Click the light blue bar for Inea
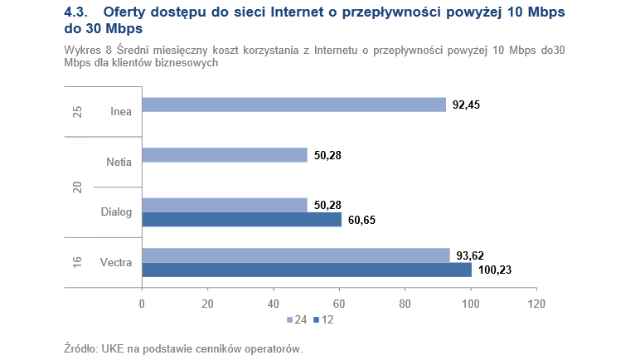click(294, 105)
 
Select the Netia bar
click(225, 155)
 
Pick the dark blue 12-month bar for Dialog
click(241, 220)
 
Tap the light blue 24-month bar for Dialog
click(225, 205)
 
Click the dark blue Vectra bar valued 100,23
click(307, 270)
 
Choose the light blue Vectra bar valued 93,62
click(296, 255)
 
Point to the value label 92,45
click(467, 105)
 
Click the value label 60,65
click(361, 221)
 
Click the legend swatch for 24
click(289, 319)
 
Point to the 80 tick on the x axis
click(405, 303)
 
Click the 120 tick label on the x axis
click(536, 303)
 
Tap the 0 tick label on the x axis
click(143, 303)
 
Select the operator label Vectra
click(116, 263)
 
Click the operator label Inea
click(121, 112)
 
